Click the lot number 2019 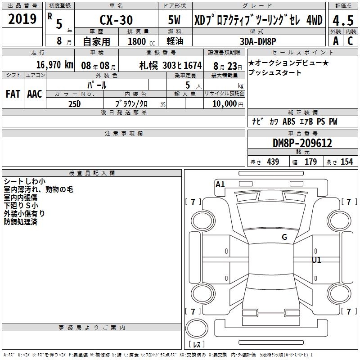22,19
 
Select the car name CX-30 116,20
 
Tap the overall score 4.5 343,21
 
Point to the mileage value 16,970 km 55,65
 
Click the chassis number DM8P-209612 302,143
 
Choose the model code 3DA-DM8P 258,41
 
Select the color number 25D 75,104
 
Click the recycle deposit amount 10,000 225,103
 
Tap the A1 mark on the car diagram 220,184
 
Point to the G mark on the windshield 284,237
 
